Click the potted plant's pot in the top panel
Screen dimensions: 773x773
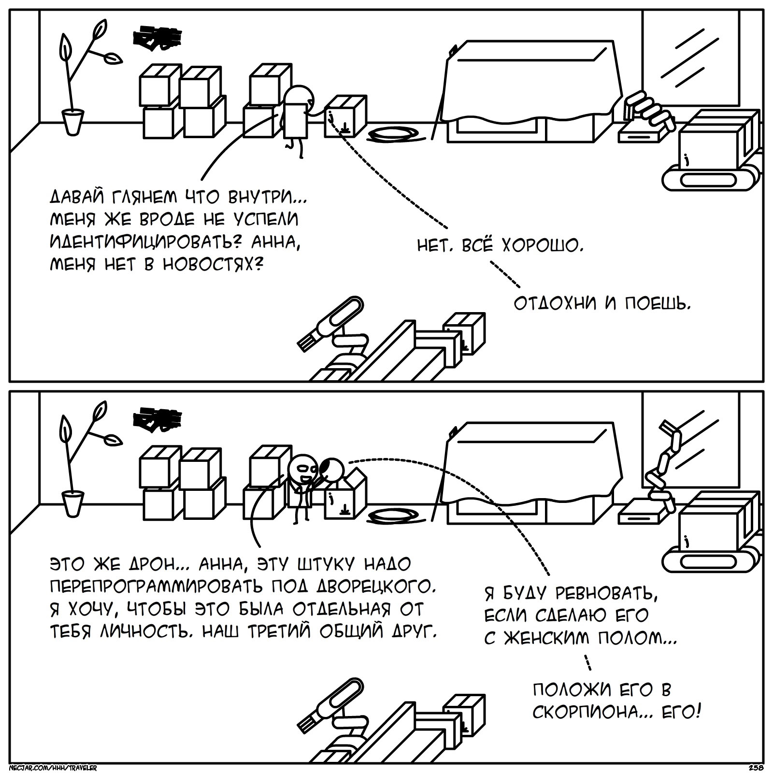(x=72, y=122)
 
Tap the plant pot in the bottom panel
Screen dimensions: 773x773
(x=72, y=503)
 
